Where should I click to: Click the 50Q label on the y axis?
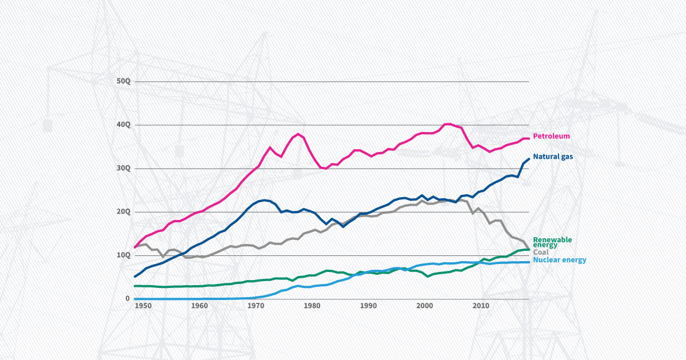(123, 82)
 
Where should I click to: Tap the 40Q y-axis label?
(123, 125)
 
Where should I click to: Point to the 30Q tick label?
(123, 169)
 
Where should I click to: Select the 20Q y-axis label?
(123, 212)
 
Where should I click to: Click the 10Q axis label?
(123, 255)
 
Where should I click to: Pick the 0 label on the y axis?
(127, 299)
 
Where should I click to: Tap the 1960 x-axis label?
(199, 306)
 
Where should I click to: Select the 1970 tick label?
(256, 306)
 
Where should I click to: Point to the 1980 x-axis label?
(312, 306)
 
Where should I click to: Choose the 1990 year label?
(368, 306)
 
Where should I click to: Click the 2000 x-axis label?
(425, 306)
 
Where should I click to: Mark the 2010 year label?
(481, 306)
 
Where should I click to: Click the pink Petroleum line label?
(552, 136)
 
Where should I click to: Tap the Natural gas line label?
(553, 156)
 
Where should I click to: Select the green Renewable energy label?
(552, 242)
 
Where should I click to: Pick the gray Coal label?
(540, 252)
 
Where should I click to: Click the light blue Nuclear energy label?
(560, 260)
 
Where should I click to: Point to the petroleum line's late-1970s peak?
(298, 134)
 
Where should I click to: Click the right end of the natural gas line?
(528, 159)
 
